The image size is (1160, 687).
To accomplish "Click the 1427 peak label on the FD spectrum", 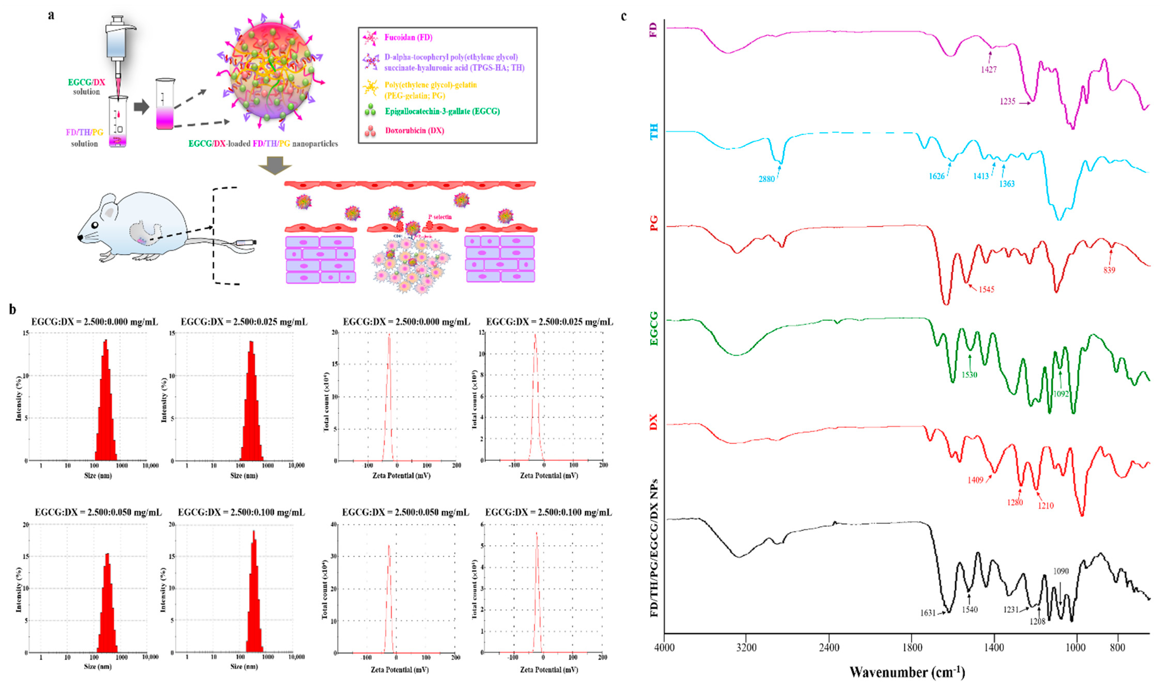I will (x=988, y=70).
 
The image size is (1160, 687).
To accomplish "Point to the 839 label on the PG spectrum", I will (x=1109, y=270).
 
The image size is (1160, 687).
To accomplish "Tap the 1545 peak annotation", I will (x=986, y=289).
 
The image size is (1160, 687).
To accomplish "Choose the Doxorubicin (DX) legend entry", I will (x=414, y=130).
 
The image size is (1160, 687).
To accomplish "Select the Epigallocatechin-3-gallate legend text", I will (x=442, y=111).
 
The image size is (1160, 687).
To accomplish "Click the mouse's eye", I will (x=95, y=225).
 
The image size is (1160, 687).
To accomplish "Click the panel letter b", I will (x=12, y=309).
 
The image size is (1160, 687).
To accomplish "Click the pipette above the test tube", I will (x=118, y=51).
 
